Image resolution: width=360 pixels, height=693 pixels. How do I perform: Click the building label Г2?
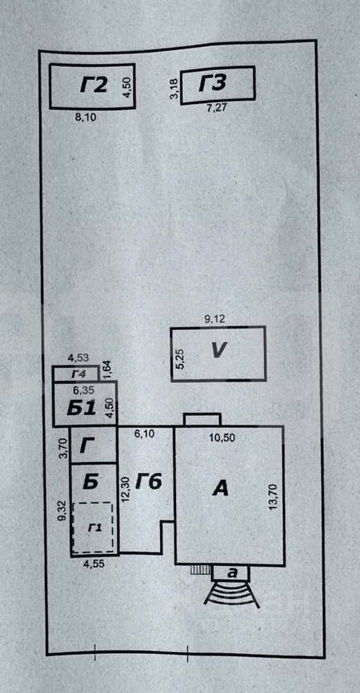pos(94,85)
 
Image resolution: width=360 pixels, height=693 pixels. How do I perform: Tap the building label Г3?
pos(213,84)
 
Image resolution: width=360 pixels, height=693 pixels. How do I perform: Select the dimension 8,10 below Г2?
pos(86,117)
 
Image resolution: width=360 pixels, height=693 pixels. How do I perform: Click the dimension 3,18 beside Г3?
pos(175,90)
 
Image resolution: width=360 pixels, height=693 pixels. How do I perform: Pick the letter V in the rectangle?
pos(219,351)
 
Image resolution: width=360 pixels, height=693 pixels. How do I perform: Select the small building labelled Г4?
pos(76,374)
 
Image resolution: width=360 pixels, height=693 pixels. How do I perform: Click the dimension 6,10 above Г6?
pos(144,435)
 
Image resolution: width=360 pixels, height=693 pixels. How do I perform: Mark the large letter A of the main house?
pos(221,489)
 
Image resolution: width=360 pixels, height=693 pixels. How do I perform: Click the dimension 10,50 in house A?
pos(223,437)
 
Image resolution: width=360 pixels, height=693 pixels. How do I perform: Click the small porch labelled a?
pos(231,573)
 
